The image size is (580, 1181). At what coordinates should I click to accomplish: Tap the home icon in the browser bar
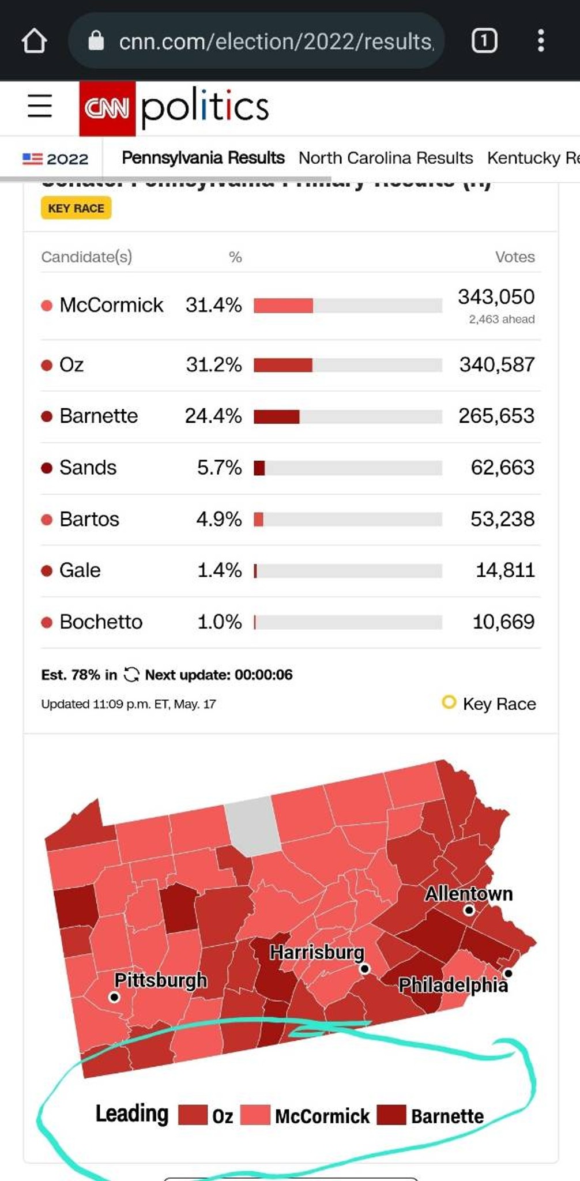34,41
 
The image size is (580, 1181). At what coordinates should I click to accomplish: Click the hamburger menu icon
40,106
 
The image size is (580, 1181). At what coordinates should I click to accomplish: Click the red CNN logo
107,108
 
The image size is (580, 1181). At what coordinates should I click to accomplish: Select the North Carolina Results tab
385,158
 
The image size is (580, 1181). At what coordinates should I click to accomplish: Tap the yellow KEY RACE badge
76,208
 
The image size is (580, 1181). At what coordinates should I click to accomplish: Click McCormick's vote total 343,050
496,297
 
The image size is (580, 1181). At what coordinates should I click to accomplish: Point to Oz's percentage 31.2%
213,364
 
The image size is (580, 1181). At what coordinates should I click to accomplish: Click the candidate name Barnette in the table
99,416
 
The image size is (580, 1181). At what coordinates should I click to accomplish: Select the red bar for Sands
259,468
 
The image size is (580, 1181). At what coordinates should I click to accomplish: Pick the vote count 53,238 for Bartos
502,519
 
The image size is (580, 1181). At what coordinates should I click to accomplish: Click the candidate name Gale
80,570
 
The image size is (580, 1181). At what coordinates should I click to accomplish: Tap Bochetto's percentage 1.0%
219,622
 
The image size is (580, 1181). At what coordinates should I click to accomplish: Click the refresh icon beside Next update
131,675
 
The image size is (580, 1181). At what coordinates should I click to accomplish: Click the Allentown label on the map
468,893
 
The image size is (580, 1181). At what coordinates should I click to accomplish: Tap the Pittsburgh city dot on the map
114,997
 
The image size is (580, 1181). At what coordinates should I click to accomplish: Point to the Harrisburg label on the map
317,952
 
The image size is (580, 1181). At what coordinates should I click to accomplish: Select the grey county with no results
253,826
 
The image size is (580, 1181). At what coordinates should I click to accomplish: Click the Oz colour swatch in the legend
193,1115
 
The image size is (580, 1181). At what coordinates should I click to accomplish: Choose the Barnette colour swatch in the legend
391,1115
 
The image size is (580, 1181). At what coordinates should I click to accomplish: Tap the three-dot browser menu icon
540,41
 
